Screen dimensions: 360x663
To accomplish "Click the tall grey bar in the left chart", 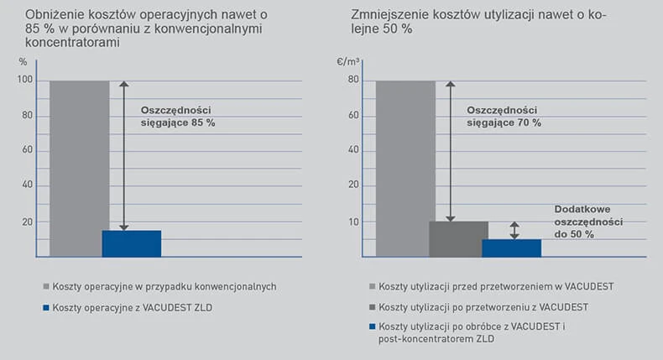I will point(79,168).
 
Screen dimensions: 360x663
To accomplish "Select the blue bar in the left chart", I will point(131,243).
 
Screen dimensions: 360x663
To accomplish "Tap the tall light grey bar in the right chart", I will point(405,168).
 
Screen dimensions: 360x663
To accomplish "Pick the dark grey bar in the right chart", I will point(458,238).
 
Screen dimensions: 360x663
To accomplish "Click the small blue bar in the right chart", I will point(511,248).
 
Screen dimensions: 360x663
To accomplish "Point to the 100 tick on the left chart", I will point(24,81).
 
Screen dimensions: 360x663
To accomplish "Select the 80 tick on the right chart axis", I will point(354,81).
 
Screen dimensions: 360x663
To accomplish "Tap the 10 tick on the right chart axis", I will point(354,222).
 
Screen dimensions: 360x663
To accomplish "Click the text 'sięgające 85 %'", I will point(178,123).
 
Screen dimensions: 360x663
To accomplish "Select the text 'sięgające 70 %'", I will point(504,123).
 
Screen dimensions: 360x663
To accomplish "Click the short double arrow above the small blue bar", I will point(514,230).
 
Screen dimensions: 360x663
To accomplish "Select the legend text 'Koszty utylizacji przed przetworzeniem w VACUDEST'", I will point(496,287).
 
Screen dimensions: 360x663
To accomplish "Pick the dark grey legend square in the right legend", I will point(373,305).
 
